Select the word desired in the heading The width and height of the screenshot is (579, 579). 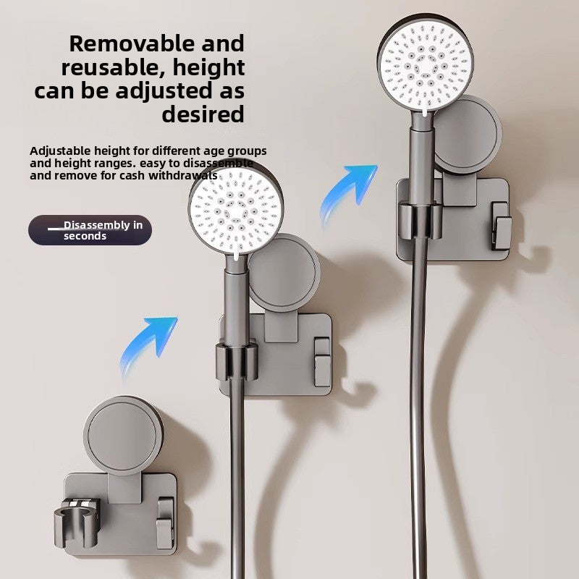point(203,114)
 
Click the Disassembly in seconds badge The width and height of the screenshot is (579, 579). point(90,230)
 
